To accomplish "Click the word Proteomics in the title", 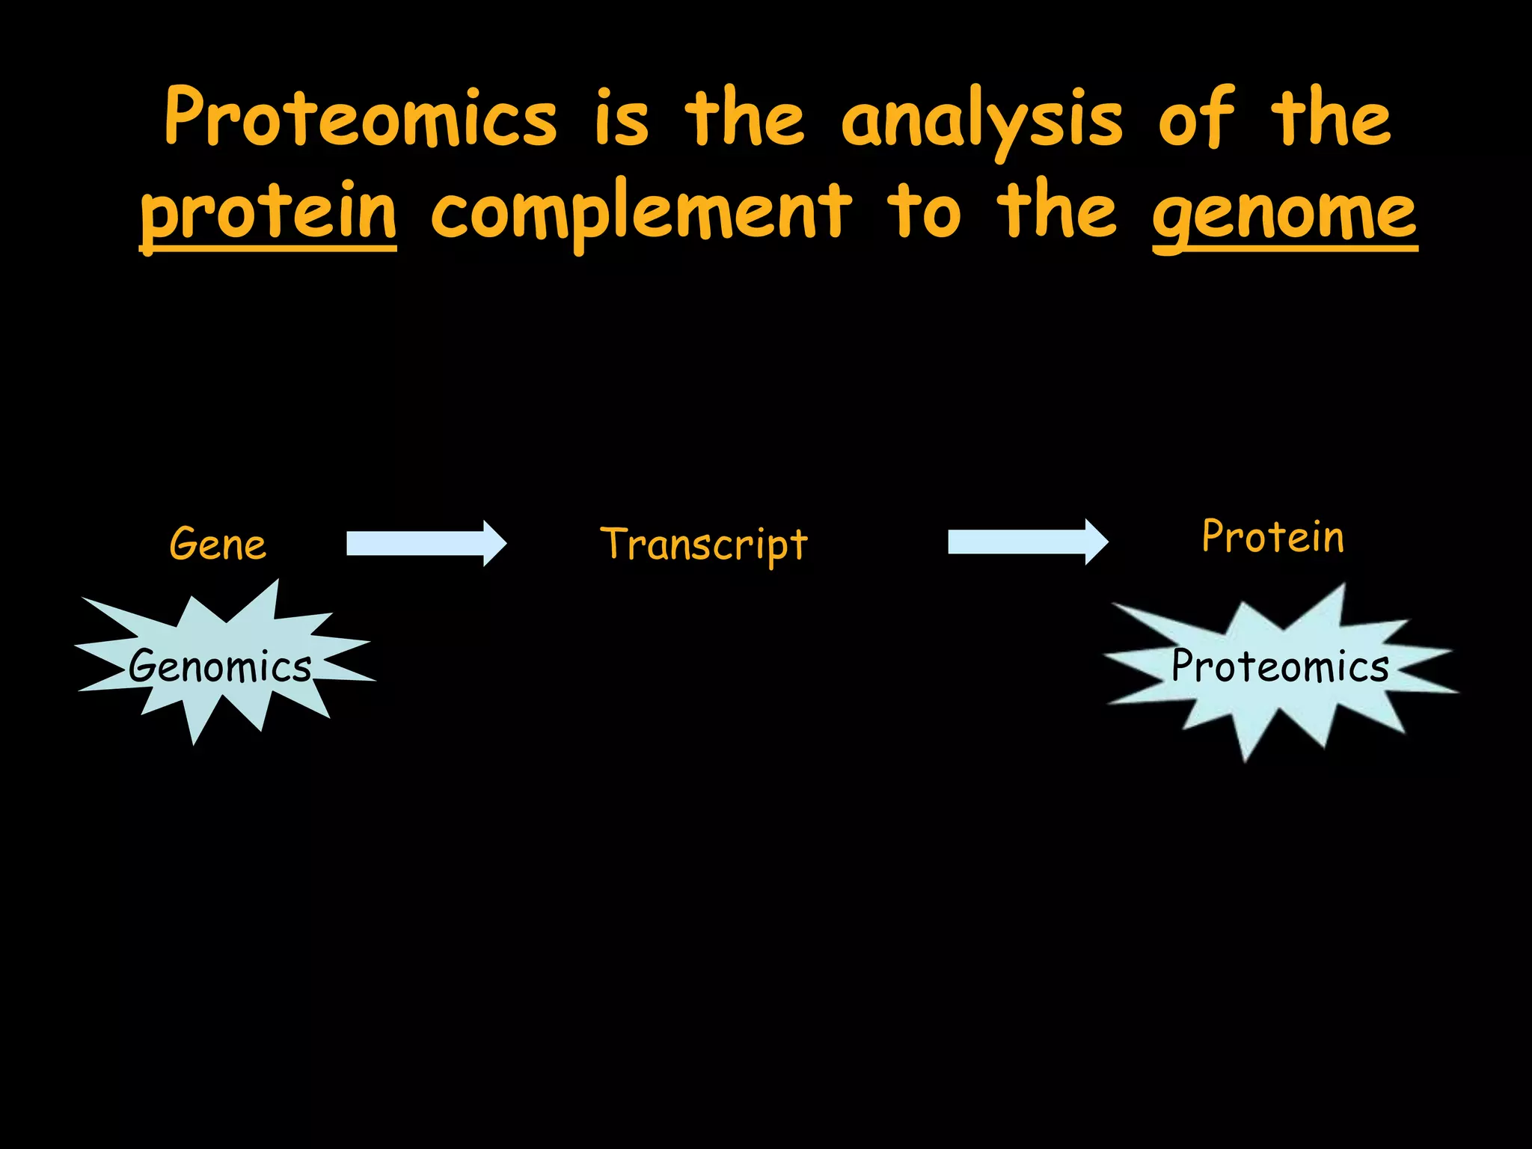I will pyautogui.click(x=361, y=118).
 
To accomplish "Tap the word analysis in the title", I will pyautogui.click(x=981, y=120).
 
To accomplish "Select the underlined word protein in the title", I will pyautogui.click(x=269, y=214).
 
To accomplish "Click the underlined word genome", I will pyautogui.click(x=1284, y=215).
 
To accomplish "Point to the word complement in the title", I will pyautogui.click(x=641, y=214).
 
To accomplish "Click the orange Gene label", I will pyautogui.click(x=218, y=544).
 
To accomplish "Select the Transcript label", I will pyautogui.click(x=703, y=545).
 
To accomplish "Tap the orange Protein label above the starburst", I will pyautogui.click(x=1272, y=537).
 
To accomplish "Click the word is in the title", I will pyautogui.click(x=621, y=120).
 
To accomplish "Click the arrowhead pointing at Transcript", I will pyautogui.click(x=494, y=544).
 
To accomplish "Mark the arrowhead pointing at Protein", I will pyautogui.click(x=1096, y=542).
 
